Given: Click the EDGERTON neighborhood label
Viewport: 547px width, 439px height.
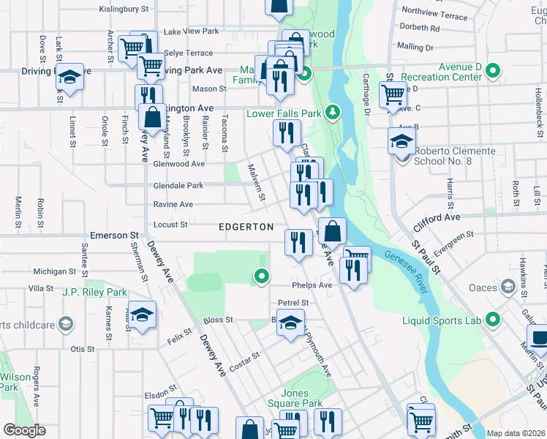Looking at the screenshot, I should coord(246,227).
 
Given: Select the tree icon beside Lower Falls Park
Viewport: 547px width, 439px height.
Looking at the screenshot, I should coord(333,112).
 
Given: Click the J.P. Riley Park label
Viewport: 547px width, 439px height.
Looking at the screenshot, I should coord(94,292).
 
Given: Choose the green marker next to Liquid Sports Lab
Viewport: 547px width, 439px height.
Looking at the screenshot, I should coord(492,319).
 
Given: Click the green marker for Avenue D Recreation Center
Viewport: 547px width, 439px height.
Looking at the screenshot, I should coord(492,71).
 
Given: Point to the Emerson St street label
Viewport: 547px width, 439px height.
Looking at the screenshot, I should coord(114,236).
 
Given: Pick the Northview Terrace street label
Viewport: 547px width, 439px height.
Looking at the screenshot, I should coord(434,15).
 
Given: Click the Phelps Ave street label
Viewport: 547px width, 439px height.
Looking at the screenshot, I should coord(312,285).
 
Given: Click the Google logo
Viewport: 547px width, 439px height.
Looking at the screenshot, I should coord(24,430).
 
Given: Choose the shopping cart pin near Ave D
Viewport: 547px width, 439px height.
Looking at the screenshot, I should coord(393,93).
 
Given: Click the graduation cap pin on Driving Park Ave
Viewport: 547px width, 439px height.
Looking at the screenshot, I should coord(69,76).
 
